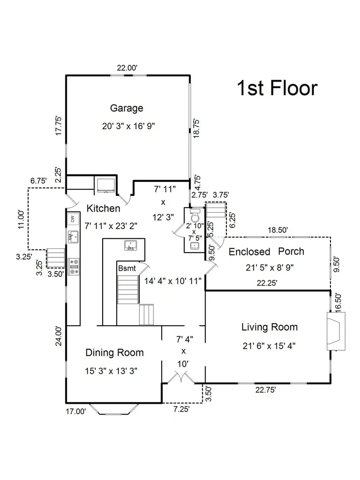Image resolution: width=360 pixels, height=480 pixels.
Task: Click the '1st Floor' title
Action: click(x=277, y=88)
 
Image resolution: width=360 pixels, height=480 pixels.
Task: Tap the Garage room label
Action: click(x=127, y=108)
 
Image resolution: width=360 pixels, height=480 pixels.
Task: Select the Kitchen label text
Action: click(x=103, y=209)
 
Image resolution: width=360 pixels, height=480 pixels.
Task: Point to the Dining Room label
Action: click(x=114, y=352)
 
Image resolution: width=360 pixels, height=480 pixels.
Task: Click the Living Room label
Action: click(x=270, y=327)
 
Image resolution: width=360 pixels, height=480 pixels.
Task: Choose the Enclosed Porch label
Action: click(x=266, y=252)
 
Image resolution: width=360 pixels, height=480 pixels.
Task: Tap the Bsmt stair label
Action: click(x=127, y=269)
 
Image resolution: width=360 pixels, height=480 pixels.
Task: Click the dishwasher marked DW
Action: click(x=73, y=219)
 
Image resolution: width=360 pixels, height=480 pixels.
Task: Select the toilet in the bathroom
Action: click(x=195, y=216)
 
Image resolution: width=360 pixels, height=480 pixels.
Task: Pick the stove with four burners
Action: click(x=74, y=267)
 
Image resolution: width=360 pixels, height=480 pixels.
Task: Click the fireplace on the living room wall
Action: click(x=336, y=331)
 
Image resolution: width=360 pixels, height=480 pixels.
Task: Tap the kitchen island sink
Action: click(x=131, y=245)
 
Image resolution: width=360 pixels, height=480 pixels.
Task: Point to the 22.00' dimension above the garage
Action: click(x=127, y=68)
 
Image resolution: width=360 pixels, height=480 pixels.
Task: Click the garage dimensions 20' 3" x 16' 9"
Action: click(x=128, y=126)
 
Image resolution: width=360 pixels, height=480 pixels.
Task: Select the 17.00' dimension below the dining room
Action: click(x=76, y=412)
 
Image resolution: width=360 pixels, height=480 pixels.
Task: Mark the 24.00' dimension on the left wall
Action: click(x=59, y=336)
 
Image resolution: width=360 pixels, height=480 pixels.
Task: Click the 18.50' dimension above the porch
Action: click(x=278, y=230)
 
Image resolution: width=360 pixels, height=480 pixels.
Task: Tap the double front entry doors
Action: click(x=181, y=377)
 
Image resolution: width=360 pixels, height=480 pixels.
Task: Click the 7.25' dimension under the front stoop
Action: click(x=181, y=409)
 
